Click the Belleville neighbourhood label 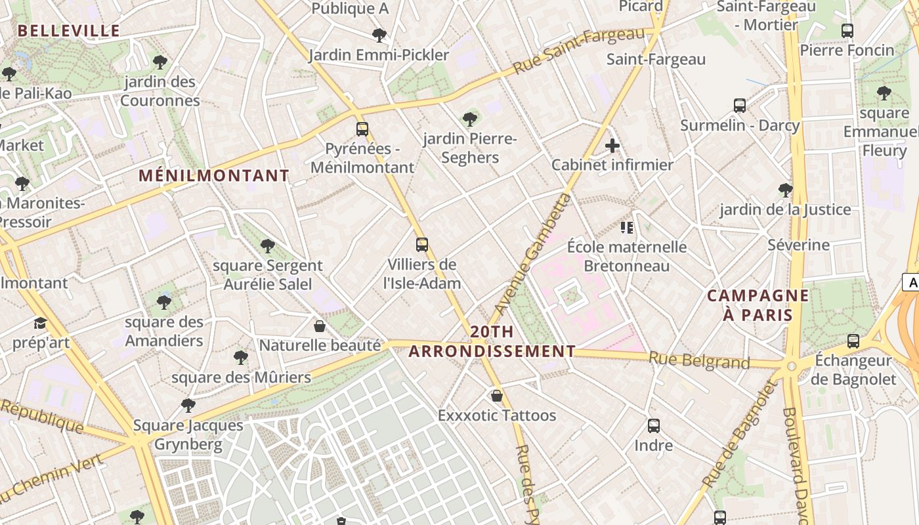(x=69, y=31)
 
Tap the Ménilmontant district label (x=214, y=176)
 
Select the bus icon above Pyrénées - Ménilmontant (x=362, y=129)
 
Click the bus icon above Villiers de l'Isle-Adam (x=422, y=245)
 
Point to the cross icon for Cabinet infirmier (x=612, y=145)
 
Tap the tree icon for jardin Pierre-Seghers (x=469, y=119)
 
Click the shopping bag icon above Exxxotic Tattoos (x=497, y=396)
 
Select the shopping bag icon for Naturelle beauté (x=320, y=326)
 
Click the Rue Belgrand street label (x=699, y=360)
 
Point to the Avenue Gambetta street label (x=532, y=253)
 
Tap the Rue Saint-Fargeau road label (x=578, y=51)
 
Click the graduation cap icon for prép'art (x=41, y=323)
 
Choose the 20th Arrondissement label (x=492, y=341)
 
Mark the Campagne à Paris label (x=758, y=305)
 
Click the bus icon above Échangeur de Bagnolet (x=853, y=341)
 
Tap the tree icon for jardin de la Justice (x=785, y=190)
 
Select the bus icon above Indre (x=654, y=426)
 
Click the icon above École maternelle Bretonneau (x=626, y=228)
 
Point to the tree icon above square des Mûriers (x=241, y=358)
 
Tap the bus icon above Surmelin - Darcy (x=740, y=106)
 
